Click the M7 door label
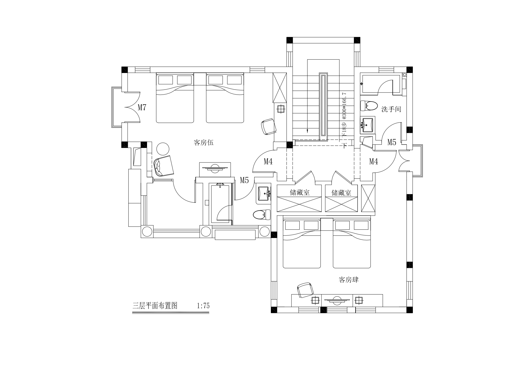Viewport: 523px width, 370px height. point(142,107)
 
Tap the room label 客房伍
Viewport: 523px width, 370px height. point(203,143)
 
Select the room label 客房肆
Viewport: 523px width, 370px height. point(349,280)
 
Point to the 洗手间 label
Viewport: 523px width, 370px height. point(391,109)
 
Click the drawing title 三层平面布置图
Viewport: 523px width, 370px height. point(155,306)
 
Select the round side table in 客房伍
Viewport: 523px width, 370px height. point(163,149)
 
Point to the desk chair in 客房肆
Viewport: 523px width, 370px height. point(305,290)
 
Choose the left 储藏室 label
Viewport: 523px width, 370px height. point(300,192)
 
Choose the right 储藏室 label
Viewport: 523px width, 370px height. point(341,193)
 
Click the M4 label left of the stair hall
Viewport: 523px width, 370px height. point(268,161)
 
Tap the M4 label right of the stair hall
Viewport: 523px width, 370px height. point(374,161)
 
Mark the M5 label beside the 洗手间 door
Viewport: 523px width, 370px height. point(392,142)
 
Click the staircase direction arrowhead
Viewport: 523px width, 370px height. point(307,130)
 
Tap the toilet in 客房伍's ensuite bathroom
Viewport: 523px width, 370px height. point(262,215)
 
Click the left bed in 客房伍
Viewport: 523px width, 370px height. point(175,98)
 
